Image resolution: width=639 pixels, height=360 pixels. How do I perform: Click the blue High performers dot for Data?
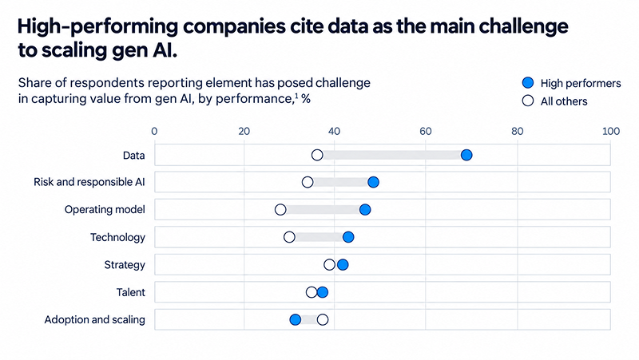pyautogui.click(x=466, y=155)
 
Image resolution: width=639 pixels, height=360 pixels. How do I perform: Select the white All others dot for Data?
pyautogui.click(x=317, y=155)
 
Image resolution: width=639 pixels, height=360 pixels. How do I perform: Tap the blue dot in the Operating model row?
pyautogui.click(x=365, y=210)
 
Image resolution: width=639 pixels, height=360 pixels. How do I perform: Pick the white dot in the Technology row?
pyautogui.click(x=289, y=237)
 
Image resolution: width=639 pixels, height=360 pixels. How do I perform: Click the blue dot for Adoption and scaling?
pyautogui.click(x=295, y=319)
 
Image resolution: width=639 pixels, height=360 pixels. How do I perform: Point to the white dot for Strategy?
pyautogui.click(x=329, y=265)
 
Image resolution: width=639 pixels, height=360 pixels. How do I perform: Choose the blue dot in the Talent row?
pyautogui.click(x=323, y=292)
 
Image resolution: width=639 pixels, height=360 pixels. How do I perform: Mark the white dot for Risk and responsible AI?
pyautogui.click(x=308, y=182)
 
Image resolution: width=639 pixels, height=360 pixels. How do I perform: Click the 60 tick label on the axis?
pyautogui.click(x=425, y=131)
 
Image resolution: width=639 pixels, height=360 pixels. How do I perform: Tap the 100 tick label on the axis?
pyautogui.click(x=611, y=131)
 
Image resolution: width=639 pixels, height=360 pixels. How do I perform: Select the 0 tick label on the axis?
pyautogui.click(x=154, y=131)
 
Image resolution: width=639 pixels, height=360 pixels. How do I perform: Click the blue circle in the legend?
pyautogui.click(x=528, y=83)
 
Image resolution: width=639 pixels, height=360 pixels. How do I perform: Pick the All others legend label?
pyautogui.click(x=564, y=101)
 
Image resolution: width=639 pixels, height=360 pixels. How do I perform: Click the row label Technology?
pyautogui.click(x=117, y=237)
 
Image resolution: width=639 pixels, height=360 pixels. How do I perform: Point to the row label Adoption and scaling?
pyautogui.click(x=94, y=319)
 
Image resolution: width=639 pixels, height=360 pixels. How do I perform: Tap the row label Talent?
pyautogui.click(x=130, y=292)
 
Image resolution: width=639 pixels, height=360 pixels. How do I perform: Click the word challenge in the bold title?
pyautogui.click(x=523, y=26)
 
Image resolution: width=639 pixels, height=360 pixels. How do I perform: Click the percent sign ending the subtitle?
pyautogui.click(x=306, y=99)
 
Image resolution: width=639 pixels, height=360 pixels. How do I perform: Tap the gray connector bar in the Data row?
pyautogui.click(x=391, y=155)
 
